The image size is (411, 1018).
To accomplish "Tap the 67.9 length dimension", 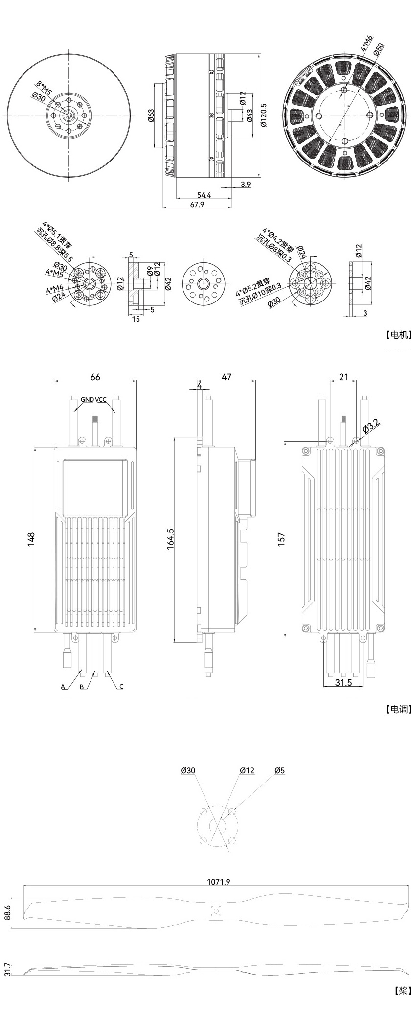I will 197,205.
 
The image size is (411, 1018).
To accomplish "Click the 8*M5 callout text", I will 44,88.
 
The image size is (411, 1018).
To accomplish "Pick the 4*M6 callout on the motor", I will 367,43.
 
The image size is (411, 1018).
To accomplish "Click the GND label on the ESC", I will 87,400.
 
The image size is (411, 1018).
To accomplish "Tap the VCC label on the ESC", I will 101,400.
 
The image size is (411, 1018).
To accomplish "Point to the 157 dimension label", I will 281,539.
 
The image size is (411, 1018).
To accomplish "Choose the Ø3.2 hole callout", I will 370,426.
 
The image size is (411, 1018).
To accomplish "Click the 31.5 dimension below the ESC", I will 344,683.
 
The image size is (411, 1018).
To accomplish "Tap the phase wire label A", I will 63,687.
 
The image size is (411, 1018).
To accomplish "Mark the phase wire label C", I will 121,687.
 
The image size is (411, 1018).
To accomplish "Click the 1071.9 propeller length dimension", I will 218,882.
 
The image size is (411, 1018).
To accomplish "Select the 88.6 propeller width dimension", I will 7,913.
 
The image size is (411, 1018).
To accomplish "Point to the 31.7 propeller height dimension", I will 7,969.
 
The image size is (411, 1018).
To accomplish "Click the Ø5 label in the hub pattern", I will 279,771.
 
